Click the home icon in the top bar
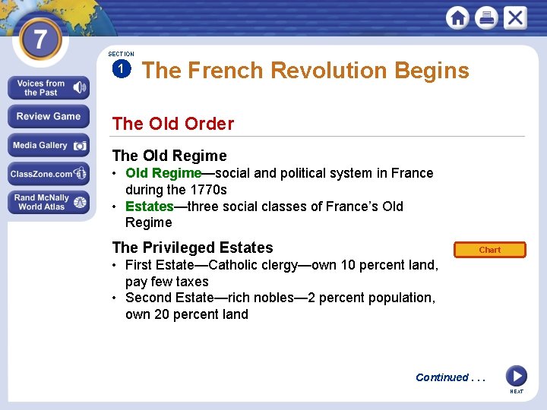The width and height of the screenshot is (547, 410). pos(458,17)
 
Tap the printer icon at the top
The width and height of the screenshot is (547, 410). pos(486,17)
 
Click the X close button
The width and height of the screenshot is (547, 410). pos(515,17)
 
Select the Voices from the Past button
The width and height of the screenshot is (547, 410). pos(49,88)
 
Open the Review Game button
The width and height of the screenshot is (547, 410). pos(49,117)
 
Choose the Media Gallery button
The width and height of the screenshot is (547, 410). pos(49,145)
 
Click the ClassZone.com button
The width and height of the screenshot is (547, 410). pos(49,174)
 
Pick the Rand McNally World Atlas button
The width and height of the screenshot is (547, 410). pos(49,202)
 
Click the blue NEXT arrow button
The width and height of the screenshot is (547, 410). pos(516,375)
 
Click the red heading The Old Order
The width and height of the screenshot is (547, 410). pos(173,124)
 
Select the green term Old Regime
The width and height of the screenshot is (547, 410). pos(163,173)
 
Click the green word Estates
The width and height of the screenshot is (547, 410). pos(149,207)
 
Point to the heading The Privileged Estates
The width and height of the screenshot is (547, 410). pos(192,248)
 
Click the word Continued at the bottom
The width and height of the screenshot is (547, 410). pos(441,377)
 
